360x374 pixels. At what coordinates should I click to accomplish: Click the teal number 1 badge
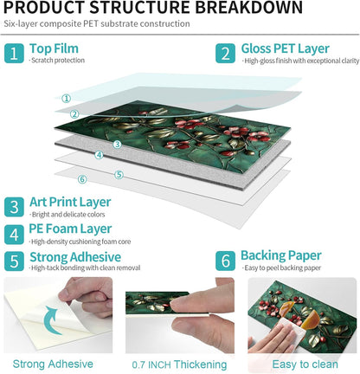tap(14, 54)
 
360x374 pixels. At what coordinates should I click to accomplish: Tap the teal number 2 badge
tap(225, 54)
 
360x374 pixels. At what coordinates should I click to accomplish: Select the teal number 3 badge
tap(14, 207)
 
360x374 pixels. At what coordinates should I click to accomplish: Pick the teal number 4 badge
tap(14, 235)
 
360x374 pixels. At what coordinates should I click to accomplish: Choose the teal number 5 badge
tap(14, 261)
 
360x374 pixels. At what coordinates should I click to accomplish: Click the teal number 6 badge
tap(225, 261)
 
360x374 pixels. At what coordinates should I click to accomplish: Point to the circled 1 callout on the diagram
tap(67, 99)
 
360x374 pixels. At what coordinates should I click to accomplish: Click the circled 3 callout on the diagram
tap(117, 145)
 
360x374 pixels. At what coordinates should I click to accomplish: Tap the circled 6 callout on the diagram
tap(82, 179)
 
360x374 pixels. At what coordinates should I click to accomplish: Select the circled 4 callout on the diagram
tap(100, 155)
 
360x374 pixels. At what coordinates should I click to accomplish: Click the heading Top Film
tap(54, 48)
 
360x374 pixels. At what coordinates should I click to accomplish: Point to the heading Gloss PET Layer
tap(286, 49)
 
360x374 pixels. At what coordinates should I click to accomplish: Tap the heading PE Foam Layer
tap(70, 229)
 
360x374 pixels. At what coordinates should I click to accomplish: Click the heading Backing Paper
tap(281, 256)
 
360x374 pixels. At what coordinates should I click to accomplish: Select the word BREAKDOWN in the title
tap(249, 8)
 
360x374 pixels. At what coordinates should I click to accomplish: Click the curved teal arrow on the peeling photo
tap(48, 321)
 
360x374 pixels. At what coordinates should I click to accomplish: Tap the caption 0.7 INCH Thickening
tap(179, 364)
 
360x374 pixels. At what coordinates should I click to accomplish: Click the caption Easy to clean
tap(305, 364)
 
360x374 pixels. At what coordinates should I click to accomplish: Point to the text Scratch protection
tap(57, 61)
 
